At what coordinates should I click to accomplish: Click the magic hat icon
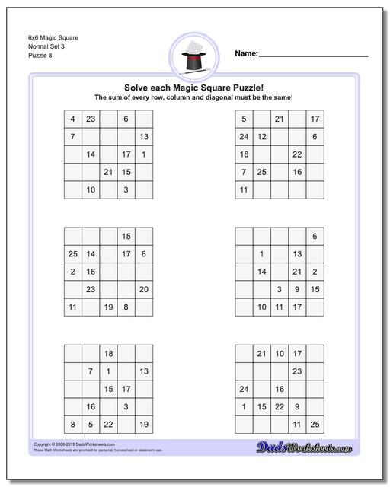195,57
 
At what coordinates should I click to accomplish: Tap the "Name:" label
246,53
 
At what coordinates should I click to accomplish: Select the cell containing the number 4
72,119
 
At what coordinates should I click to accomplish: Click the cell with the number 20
144,289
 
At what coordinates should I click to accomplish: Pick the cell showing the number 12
261,137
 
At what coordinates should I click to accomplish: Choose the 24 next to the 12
244,137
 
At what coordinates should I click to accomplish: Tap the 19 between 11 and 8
108,307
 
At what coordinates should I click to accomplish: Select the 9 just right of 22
297,407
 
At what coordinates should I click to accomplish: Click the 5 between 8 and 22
91,425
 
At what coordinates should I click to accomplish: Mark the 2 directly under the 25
72,272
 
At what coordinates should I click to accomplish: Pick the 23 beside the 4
91,119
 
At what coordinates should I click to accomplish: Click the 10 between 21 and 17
280,354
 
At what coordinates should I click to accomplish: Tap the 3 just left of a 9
280,289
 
